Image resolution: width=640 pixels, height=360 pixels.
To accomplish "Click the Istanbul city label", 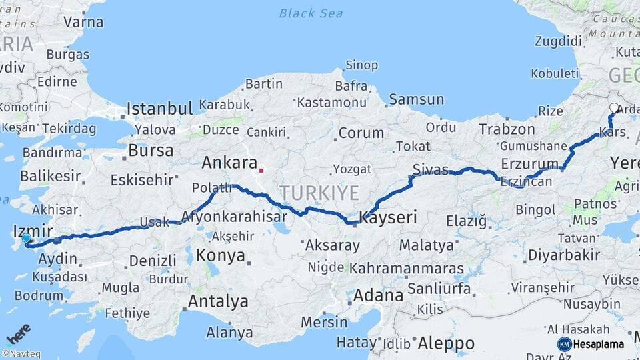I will (160, 108).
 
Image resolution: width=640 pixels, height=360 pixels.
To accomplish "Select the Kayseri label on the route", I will (388, 217).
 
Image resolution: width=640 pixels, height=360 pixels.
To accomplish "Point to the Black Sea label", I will (311, 13).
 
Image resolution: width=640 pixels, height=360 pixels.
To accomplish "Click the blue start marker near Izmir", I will (26, 238).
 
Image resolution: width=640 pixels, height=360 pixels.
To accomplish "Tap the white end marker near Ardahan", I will (614, 107).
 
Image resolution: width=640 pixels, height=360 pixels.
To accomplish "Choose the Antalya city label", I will (218, 301).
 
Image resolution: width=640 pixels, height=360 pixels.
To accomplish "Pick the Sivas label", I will (429, 169).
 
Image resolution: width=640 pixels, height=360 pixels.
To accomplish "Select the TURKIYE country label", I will (319, 193).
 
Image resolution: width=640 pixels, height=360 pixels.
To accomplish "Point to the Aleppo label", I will (446, 343).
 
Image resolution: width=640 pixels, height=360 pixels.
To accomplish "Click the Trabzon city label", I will (507, 129).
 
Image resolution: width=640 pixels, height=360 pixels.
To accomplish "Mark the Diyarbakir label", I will (563, 255).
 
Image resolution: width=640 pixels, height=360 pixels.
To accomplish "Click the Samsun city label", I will (416, 100).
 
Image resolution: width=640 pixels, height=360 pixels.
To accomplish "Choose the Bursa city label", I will (151, 151).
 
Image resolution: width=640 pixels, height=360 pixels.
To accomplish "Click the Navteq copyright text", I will (21, 354).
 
